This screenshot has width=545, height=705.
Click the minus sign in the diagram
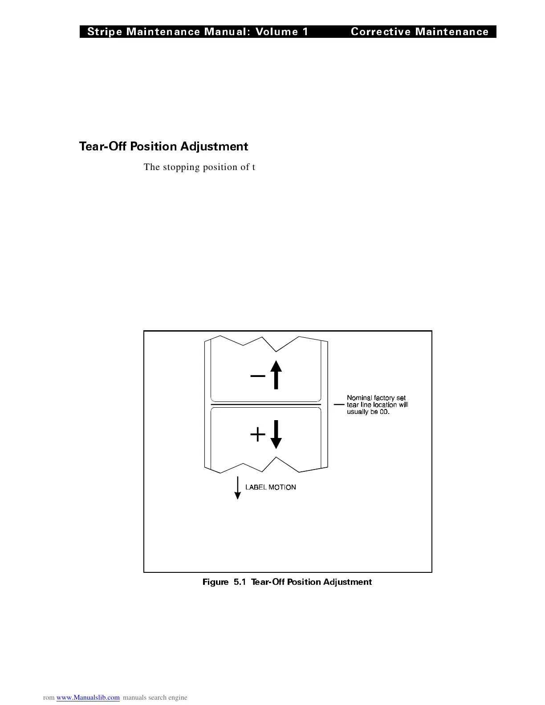click(x=258, y=376)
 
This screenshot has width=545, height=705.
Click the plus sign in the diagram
click(x=258, y=434)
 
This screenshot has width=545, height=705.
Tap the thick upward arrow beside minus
click(x=276, y=375)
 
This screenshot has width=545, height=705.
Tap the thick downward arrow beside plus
click(x=276, y=434)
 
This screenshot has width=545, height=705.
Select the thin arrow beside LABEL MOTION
click(x=237, y=488)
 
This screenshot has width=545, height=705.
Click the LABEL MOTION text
click(x=271, y=487)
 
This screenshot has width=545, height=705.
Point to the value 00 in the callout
click(x=384, y=412)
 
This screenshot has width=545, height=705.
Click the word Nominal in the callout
click(x=359, y=398)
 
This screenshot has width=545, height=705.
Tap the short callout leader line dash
click(x=339, y=405)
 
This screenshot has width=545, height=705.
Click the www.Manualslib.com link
click(x=88, y=697)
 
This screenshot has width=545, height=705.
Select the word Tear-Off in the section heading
click(x=103, y=146)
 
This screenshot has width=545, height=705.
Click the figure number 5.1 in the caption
click(x=240, y=582)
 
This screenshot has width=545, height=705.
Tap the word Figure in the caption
click(x=216, y=582)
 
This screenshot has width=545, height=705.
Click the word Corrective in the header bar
click(x=381, y=32)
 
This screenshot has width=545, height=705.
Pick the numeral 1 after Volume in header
click(x=305, y=32)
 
